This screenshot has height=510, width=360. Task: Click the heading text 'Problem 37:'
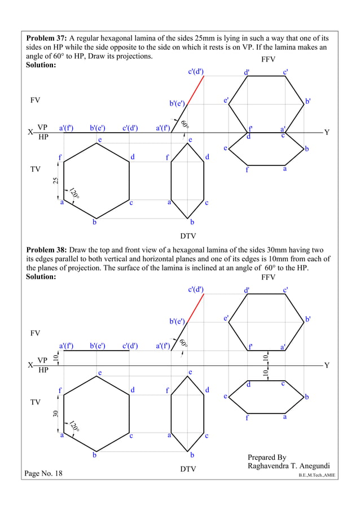tap(46, 38)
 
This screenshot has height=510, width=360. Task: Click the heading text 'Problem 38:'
tap(46, 249)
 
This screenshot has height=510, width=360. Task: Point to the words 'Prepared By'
tap(267, 457)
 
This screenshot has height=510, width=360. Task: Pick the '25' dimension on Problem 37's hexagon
tap(55, 181)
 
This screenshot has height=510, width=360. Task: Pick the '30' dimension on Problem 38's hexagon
tap(55, 413)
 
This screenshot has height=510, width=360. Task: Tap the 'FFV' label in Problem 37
tap(268, 59)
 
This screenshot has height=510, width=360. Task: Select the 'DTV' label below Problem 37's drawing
tap(188, 235)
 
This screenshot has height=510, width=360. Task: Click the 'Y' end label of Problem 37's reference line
tap(326, 132)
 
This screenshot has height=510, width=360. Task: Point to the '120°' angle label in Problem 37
tap(74, 193)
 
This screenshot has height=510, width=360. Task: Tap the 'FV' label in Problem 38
tap(35, 333)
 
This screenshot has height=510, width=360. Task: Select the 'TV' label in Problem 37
tap(35, 169)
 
